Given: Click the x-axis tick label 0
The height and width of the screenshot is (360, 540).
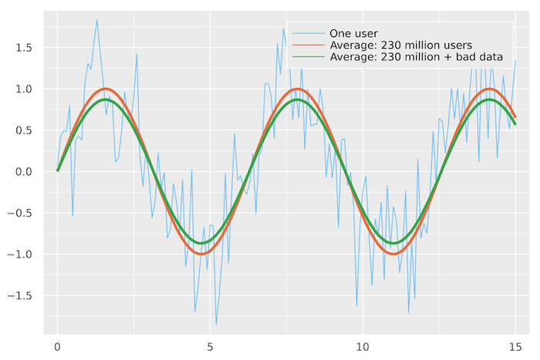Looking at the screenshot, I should click(57, 348).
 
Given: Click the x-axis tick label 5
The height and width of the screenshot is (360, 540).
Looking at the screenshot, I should click(210, 348).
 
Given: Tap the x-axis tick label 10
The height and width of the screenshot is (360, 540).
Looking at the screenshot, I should click(363, 348).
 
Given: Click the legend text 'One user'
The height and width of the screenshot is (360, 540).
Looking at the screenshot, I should click(352, 33).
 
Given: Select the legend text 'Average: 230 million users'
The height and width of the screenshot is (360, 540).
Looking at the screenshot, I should click(400, 45).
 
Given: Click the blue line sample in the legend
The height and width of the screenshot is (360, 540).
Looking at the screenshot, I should click(307, 33).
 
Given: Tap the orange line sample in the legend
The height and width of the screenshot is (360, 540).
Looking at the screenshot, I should click(307, 45).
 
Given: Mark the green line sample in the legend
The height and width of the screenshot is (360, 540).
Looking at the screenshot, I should click(307, 57).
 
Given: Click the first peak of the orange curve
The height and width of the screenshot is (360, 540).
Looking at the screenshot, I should click(105, 89).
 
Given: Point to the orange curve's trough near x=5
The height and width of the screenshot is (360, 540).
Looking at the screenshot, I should click(201, 254).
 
